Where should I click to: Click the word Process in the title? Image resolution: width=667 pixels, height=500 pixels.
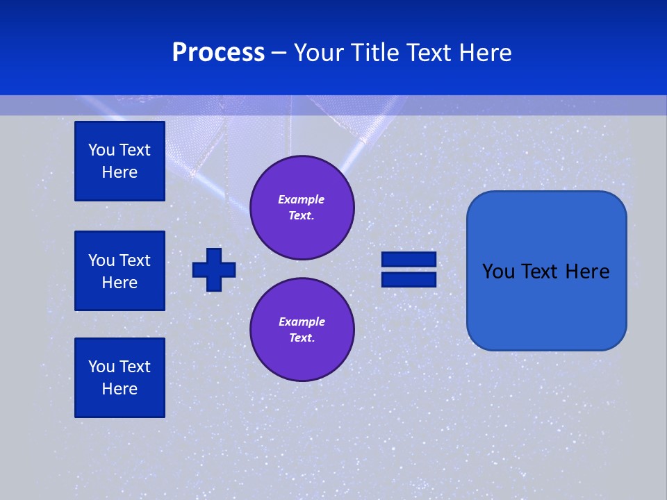pyautogui.click(x=218, y=53)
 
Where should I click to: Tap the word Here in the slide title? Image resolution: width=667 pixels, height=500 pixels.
pyautogui.click(x=484, y=53)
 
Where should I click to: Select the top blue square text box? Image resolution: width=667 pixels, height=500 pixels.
pyautogui.click(x=120, y=161)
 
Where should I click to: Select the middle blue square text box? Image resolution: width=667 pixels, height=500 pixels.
pyautogui.click(x=120, y=271)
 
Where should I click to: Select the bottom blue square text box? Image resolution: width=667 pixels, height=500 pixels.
pyautogui.click(x=120, y=378)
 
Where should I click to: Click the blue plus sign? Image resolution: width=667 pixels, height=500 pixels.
pyautogui.click(x=214, y=269)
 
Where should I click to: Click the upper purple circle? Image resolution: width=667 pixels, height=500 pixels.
pyautogui.click(x=302, y=208)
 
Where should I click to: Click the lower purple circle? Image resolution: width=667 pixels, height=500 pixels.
pyautogui.click(x=302, y=330)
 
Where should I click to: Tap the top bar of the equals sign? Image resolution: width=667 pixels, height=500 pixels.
pyautogui.click(x=409, y=259)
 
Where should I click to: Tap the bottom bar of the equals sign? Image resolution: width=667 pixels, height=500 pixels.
pyautogui.click(x=409, y=279)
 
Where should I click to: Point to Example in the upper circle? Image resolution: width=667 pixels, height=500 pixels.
pyautogui.click(x=301, y=199)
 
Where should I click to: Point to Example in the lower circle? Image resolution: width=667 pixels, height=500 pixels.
pyautogui.click(x=302, y=322)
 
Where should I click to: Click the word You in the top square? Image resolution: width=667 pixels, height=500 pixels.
pyautogui.click(x=101, y=150)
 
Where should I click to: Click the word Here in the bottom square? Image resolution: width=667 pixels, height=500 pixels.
pyautogui.click(x=120, y=389)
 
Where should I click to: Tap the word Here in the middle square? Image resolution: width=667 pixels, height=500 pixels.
pyautogui.click(x=120, y=283)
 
